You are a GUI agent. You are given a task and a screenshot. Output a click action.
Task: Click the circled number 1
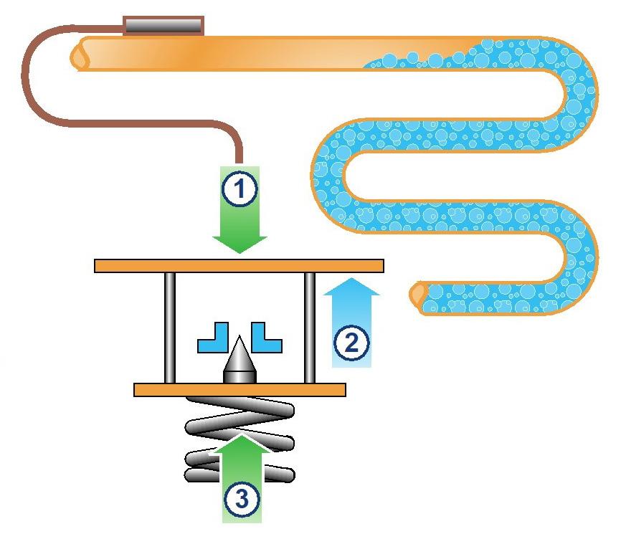[x=239, y=191]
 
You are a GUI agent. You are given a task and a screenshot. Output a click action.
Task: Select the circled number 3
[x=239, y=497]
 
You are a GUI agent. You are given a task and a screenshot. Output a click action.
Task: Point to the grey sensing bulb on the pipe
[x=163, y=26]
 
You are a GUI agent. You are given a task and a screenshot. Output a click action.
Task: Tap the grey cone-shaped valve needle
[x=239, y=361]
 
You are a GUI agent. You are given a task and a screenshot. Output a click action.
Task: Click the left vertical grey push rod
[x=169, y=328]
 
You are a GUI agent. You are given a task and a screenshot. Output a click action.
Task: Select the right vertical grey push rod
[x=310, y=328]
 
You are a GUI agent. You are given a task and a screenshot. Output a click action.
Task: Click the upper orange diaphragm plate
[x=239, y=265]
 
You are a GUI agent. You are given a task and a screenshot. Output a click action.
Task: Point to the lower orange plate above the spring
[x=240, y=390]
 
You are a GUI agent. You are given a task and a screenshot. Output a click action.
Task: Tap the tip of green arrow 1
[x=240, y=252]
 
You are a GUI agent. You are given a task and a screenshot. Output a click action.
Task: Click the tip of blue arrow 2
[x=351, y=280]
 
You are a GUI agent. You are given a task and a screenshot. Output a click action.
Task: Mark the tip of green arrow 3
[x=240, y=433]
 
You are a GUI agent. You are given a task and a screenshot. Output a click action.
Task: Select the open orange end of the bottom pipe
[x=418, y=295]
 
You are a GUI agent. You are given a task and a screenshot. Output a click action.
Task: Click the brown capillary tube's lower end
[x=240, y=159]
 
